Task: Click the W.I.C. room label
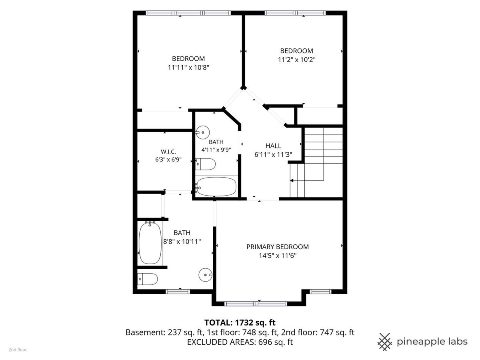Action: point(168,152)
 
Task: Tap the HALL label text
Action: point(273,146)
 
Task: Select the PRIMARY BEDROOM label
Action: point(278,246)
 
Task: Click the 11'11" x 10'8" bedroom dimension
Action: point(188,67)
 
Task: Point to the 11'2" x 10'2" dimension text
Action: point(296,60)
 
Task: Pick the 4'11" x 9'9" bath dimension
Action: point(216,150)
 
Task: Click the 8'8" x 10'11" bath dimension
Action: point(182,242)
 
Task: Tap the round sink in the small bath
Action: point(202,132)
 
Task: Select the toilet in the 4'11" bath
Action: point(205,164)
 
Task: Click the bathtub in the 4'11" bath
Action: point(216,187)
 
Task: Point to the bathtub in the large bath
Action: point(150,243)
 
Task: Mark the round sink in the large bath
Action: point(206,275)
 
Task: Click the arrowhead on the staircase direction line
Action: point(292,180)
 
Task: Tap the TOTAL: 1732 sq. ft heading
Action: point(240,322)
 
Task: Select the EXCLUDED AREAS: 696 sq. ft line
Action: point(240,342)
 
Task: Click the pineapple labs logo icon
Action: point(385,342)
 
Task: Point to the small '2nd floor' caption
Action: point(18,350)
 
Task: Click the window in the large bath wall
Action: point(178,291)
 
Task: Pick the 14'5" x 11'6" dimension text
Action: point(278,256)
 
